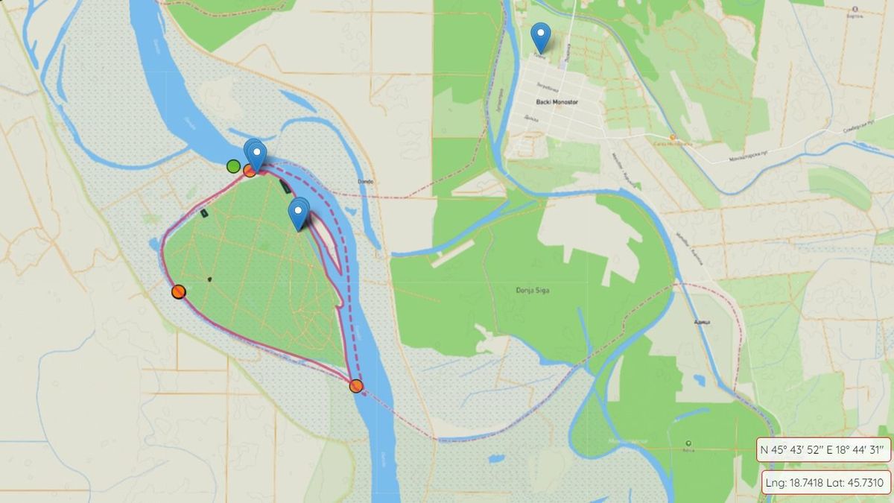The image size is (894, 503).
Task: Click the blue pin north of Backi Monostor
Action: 540,36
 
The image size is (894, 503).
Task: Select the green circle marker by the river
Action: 233,165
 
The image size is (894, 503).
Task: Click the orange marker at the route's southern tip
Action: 356,385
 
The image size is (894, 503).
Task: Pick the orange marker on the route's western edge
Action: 178,291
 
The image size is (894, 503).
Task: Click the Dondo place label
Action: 364,181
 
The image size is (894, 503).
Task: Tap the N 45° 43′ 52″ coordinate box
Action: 823,449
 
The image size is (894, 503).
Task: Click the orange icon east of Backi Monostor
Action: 673,137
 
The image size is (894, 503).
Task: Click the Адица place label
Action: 700,321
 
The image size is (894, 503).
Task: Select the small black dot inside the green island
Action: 210,279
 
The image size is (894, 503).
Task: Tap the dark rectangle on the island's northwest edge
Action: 204,213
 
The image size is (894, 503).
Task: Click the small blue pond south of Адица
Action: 699,380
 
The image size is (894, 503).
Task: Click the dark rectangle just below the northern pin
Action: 285,186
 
